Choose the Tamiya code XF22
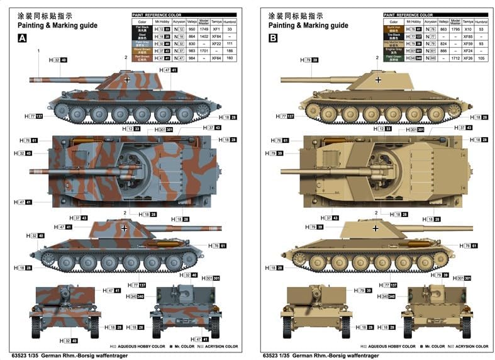pyautogui.click(x=216, y=44)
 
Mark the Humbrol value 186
pyautogui.click(x=230, y=51)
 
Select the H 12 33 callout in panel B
pyautogui.click(x=383, y=128)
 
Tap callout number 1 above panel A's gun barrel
pyautogui.click(x=38, y=51)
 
